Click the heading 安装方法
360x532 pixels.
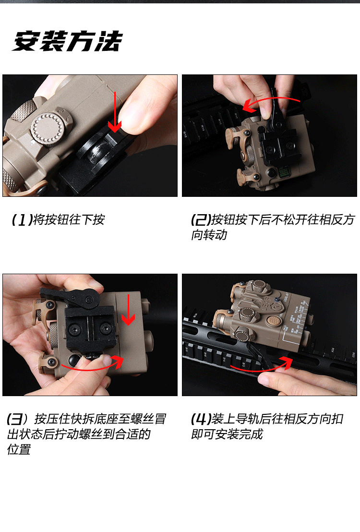67,42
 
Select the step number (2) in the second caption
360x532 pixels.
201,220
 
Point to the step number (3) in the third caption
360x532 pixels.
17,419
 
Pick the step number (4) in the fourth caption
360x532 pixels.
201,419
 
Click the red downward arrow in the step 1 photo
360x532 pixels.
114,113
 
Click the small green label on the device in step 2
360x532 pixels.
282,170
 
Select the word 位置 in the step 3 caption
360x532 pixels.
19,450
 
